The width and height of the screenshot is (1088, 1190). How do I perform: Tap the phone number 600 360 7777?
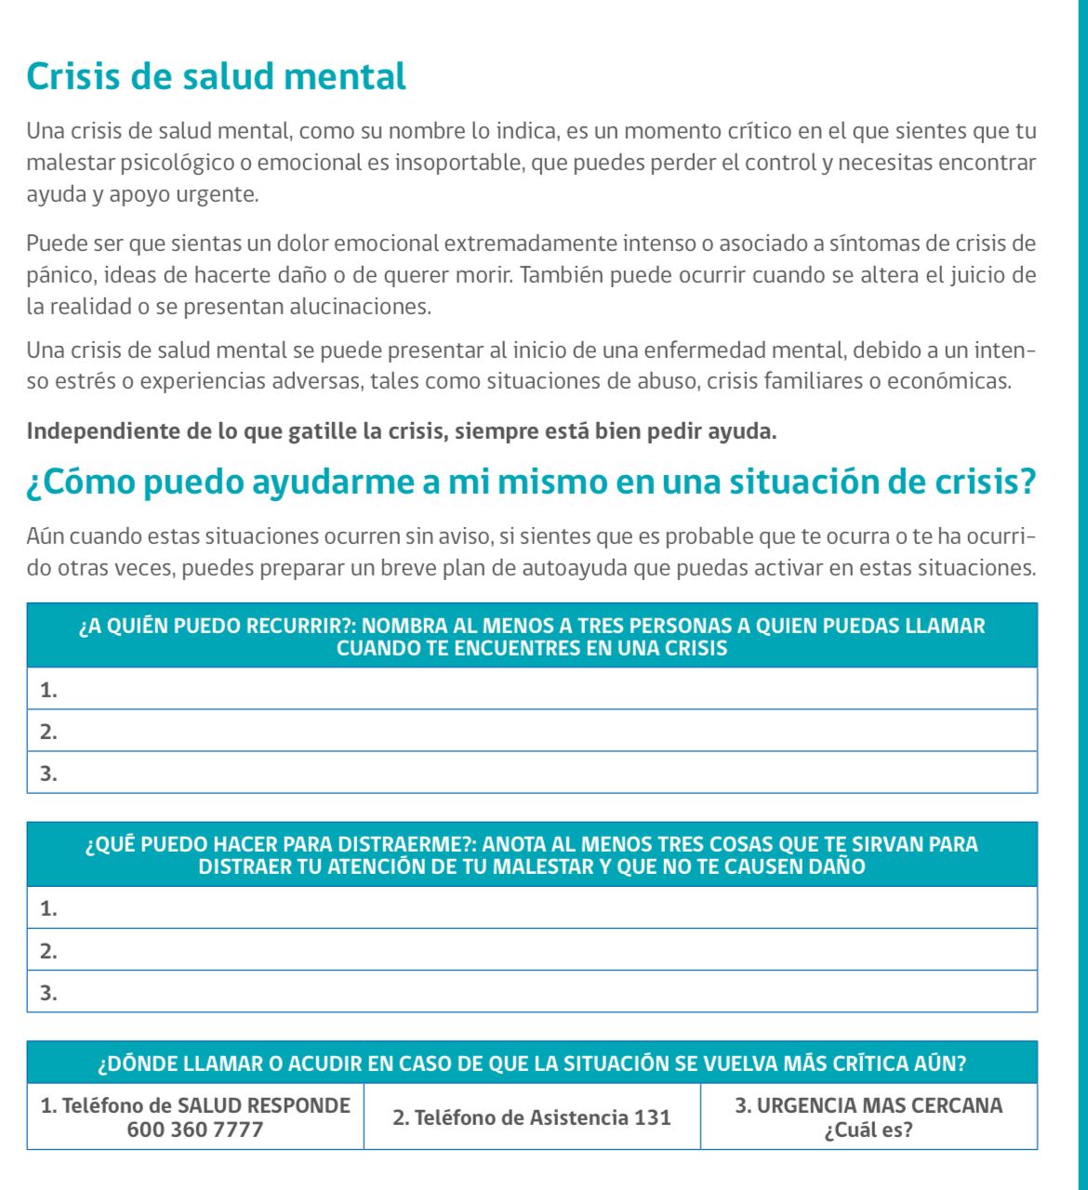(195, 1130)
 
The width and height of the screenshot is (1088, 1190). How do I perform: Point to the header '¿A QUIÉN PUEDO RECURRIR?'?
(532, 637)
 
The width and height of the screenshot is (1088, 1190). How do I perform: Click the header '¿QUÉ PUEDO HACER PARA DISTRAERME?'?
(532, 855)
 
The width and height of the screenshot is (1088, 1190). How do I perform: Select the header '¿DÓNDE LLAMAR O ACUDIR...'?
(532, 1064)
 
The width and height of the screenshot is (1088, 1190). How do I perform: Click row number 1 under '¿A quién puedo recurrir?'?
(532, 689)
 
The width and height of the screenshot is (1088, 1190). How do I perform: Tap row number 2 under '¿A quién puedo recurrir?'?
(532, 731)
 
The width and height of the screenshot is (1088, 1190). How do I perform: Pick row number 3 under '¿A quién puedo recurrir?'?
(532, 773)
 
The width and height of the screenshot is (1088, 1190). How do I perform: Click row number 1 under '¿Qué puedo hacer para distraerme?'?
(532, 908)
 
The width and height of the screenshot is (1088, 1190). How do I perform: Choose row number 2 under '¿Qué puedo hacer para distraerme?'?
(532, 950)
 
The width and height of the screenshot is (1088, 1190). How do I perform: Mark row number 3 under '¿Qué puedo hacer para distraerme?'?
(532, 992)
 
